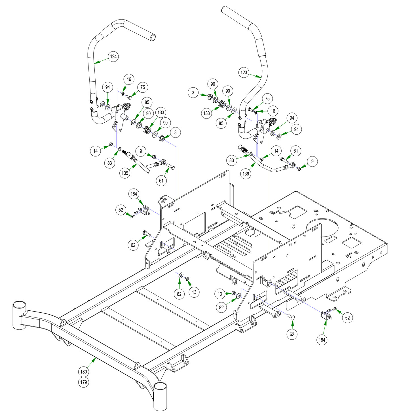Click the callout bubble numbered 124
[113, 56]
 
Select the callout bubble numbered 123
[244, 72]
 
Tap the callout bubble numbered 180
[84, 372]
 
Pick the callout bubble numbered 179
[84, 382]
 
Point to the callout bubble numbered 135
[125, 173]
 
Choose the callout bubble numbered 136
[246, 173]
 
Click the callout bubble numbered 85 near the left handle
[147, 102]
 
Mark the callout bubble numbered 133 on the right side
[207, 113]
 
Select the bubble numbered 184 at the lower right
[322, 339]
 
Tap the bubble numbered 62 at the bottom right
[292, 334]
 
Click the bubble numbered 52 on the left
[121, 210]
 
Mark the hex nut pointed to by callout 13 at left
[187, 279]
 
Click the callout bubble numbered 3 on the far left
[193, 92]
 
